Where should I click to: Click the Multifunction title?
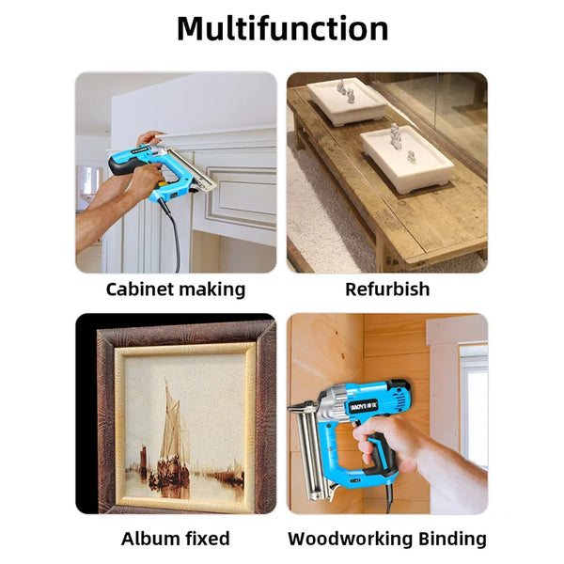tap(282, 29)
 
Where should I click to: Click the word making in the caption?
tap(211, 290)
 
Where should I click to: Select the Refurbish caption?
tap(387, 290)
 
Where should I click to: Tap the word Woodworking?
tap(350, 540)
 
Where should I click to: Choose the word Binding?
tap(452, 540)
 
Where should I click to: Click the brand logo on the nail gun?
tap(363, 406)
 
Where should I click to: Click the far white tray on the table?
tap(347, 102)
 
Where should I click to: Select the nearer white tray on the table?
tap(407, 158)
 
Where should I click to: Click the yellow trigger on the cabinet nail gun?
tap(163, 184)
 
